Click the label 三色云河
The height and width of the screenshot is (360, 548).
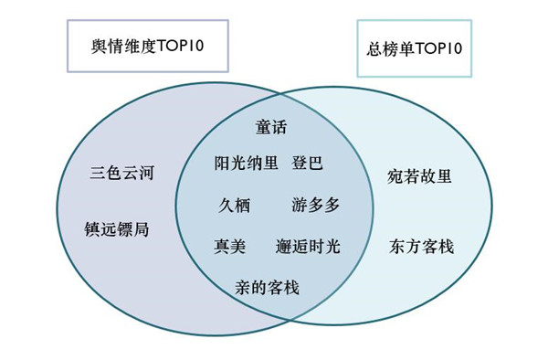[119, 171]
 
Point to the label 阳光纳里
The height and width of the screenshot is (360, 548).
[240, 164]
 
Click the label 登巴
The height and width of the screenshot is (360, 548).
[308, 164]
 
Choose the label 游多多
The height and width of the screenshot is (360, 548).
[317, 205]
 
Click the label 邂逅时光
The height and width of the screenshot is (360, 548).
[308, 247]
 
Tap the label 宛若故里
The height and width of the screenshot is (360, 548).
[419, 175]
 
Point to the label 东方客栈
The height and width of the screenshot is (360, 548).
[421, 247]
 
